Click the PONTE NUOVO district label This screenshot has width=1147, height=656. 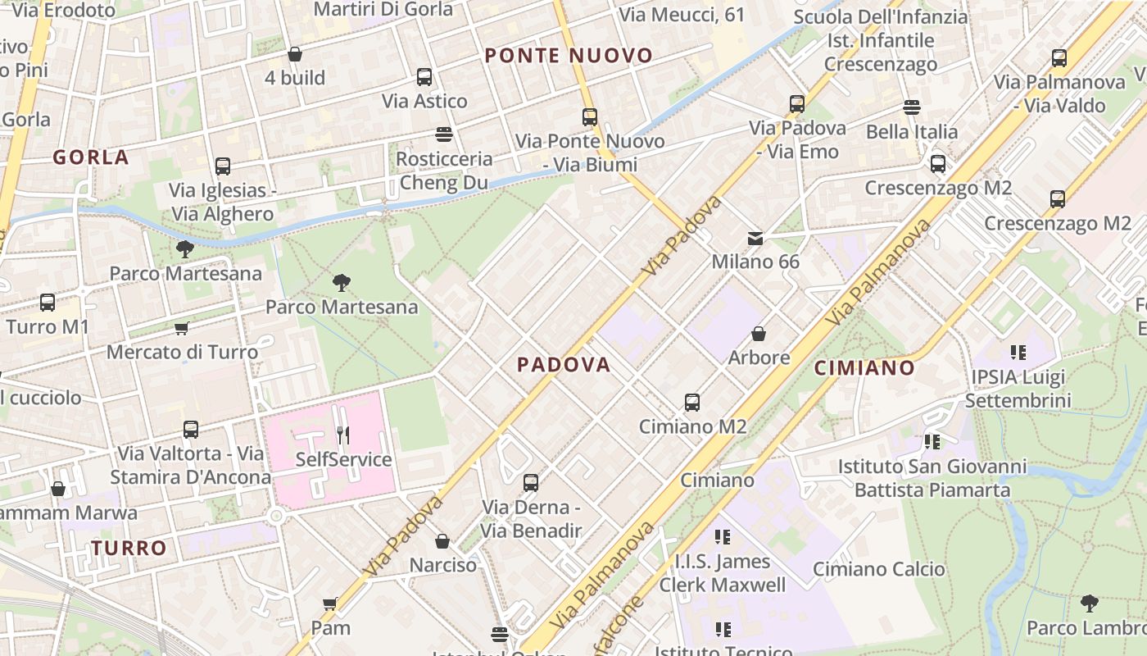pyautogui.click(x=569, y=56)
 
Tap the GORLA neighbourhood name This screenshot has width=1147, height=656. pyautogui.click(x=91, y=157)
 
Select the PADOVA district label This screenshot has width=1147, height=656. pyautogui.click(x=564, y=365)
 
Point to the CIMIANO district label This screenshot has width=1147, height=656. pyautogui.click(x=864, y=368)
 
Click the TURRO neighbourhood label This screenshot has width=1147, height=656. pyautogui.click(x=129, y=548)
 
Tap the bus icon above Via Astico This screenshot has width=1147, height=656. pyautogui.click(x=424, y=77)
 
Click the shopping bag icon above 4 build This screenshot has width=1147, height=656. pyautogui.click(x=295, y=54)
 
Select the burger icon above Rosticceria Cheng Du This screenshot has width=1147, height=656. pyautogui.click(x=444, y=134)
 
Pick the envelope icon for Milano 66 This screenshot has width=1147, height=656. pyautogui.click(x=755, y=239)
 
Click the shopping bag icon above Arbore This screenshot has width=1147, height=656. pyautogui.click(x=759, y=334)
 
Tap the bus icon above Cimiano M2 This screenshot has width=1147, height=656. pyautogui.click(x=692, y=403)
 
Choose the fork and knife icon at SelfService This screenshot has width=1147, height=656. pyautogui.click(x=343, y=435)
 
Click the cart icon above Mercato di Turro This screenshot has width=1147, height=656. pyautogui.click(x=182, y=329)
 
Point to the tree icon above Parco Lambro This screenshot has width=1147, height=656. pyautogui.click(x=1089, y=604)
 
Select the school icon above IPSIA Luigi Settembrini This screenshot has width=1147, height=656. pyautogui.click(x=1018, y=353)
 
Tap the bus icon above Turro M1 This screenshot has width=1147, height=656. pyautogui.click(x=48, y=303)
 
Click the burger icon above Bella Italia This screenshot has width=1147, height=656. pyautogui.click(x=911, y=107)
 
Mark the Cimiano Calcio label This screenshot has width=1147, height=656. pyautogui.click(x=878, y=569)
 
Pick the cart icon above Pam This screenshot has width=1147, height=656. pyautogui.click(x=330, y=604)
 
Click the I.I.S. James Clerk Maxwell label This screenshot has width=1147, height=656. pyautogui.click(x=723, y=573)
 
